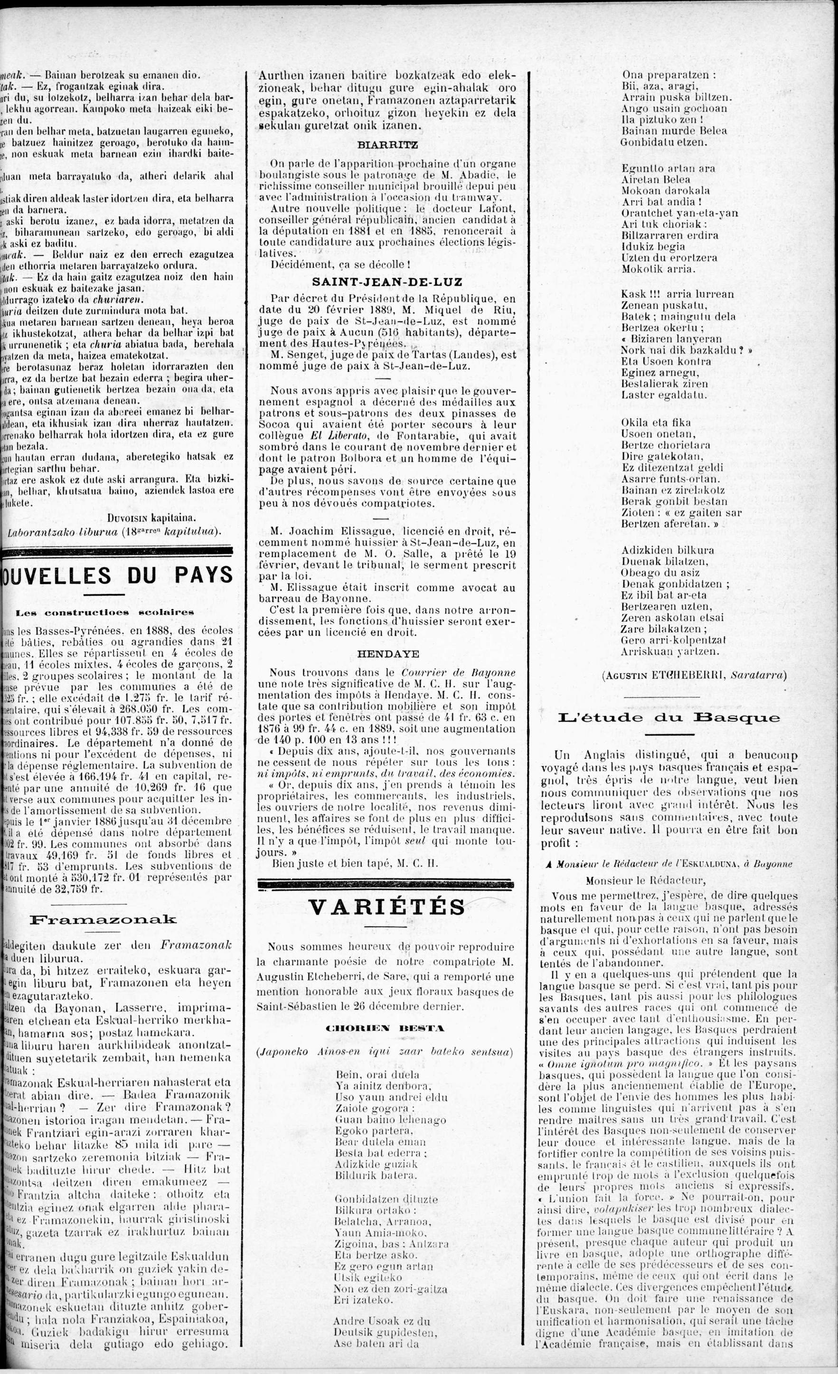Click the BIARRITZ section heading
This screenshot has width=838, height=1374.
[x=387, y=145]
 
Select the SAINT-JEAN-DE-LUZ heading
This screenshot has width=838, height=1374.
[x=387, y=282]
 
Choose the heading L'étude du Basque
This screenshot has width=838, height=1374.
[x=669, y=718]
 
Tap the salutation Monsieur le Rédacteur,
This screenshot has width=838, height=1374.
[x=646, y=881]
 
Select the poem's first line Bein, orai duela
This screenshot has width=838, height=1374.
[x=377, y=1074]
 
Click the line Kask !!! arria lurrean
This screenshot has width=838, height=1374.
[x=678, y=294]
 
